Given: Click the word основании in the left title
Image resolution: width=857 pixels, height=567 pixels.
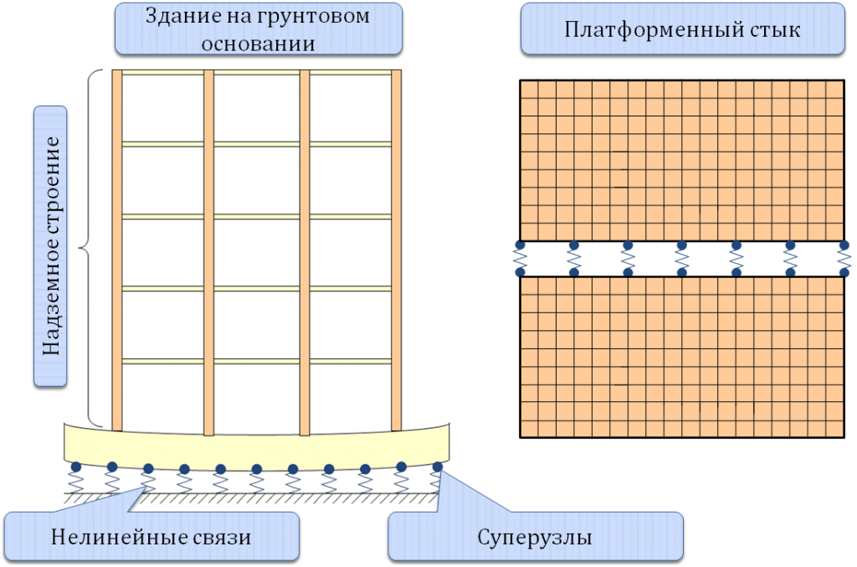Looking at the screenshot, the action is point(258,44).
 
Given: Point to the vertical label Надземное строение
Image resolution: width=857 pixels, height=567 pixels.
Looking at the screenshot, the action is point(51,246).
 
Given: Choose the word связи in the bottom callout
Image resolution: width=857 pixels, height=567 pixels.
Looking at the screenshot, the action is point(223,538).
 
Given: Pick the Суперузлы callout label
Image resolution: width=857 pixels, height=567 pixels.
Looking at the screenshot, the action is point(535,537).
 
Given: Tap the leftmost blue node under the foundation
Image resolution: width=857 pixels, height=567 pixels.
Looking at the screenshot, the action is point(76,467).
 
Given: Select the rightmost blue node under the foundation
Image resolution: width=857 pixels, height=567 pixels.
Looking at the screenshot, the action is point(437,467).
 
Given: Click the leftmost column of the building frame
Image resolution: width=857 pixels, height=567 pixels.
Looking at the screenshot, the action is point(117,250).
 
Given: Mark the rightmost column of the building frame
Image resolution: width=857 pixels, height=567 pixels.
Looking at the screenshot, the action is point(396,250).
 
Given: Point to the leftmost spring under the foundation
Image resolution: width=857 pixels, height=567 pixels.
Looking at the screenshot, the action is point(76,482).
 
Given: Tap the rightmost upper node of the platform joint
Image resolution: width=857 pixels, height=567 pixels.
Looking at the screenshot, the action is point(844,245).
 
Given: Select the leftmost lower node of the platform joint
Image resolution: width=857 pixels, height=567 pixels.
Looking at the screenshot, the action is point(520,271).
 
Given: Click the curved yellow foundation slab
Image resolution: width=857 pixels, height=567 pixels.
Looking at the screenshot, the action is point(257,446).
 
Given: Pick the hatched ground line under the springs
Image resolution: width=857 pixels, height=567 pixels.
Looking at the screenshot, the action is point(251,498).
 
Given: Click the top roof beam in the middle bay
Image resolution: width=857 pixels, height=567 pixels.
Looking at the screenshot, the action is point(257,73).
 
